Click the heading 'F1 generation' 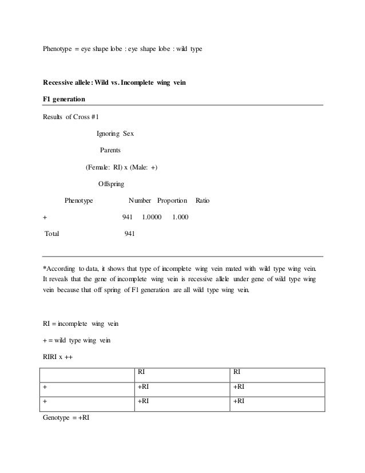(x=64, y=99)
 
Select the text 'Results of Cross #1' (x=72, y=117)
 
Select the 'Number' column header (x=140, y=201)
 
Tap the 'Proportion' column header (x=172, y=201)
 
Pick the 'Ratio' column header (x=203, y=201)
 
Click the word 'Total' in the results (x=53, y=234)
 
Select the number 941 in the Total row (x=130, y=234)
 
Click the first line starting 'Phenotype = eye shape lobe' (x=122, y=50)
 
